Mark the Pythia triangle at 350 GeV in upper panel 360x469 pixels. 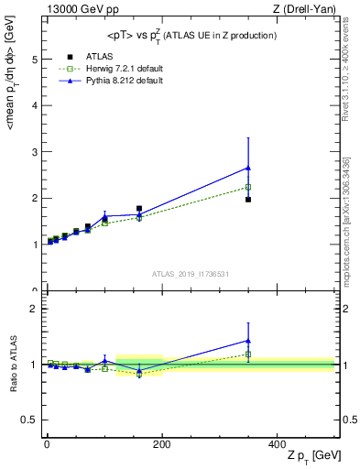248,168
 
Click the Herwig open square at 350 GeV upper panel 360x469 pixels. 248,187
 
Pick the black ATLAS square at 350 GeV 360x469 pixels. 248,199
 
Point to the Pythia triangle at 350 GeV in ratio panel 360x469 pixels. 248,341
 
